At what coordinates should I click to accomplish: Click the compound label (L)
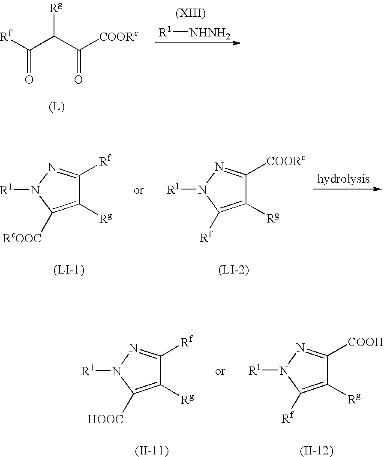point(57,107)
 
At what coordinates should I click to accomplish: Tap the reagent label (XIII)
point(191,13)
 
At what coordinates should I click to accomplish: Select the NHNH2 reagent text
point(210,33)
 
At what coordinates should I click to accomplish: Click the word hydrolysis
point(344,179)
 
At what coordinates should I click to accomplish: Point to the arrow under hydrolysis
point(347,189)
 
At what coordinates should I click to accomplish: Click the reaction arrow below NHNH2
point(198,43)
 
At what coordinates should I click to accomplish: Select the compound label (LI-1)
point(69,270)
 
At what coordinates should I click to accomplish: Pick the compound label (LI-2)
point(234,270)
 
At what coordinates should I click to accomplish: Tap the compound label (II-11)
point(152,451)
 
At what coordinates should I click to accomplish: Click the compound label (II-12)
point(317,451)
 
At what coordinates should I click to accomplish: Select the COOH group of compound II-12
point(366,342)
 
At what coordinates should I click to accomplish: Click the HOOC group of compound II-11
point(105,419)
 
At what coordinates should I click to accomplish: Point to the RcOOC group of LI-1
point(22,238)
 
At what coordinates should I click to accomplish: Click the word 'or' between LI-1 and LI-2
point(139,191)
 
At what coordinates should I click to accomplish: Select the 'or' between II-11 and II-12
point(220,371)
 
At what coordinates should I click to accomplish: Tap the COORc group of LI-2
point(285,160)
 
